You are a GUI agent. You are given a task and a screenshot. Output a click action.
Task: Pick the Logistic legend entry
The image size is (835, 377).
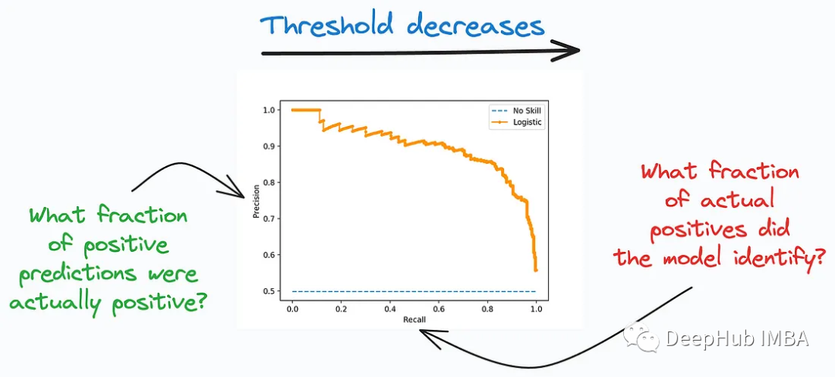[523, 122]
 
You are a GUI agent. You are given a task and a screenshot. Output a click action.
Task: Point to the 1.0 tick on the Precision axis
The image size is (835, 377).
[269, 110]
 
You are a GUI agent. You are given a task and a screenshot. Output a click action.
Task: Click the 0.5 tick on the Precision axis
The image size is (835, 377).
[269, 291]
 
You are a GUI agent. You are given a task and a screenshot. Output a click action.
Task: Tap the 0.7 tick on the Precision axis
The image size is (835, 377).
[269, 219]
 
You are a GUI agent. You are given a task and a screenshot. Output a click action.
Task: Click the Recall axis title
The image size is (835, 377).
[414, 318]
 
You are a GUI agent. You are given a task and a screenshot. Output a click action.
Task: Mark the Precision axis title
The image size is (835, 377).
[256, 201]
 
